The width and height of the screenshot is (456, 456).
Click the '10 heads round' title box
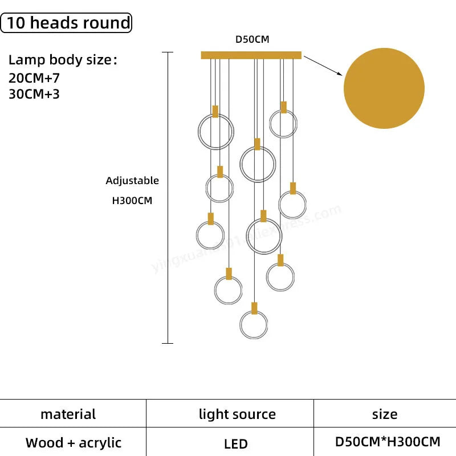(67, 23)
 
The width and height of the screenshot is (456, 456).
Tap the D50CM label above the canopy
(252, 40)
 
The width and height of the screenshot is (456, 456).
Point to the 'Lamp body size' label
(62, 60)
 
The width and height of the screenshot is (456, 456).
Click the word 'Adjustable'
(132, 181)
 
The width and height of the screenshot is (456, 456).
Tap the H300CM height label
(132, 201)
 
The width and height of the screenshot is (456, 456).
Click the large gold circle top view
(384, 88)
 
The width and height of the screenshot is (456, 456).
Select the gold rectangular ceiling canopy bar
(251, 55)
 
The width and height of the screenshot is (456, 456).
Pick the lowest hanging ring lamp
(254, 325)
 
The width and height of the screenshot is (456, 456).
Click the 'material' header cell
(68, 414)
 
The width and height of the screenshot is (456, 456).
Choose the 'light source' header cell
(237, 414)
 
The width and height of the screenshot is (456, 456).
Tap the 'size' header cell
(385, 414)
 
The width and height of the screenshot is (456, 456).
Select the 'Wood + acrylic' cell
(74, 442)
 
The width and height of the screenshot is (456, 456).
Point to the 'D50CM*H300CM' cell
(387, 441)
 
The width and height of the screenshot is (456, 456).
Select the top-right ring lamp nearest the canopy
(283, 124)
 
